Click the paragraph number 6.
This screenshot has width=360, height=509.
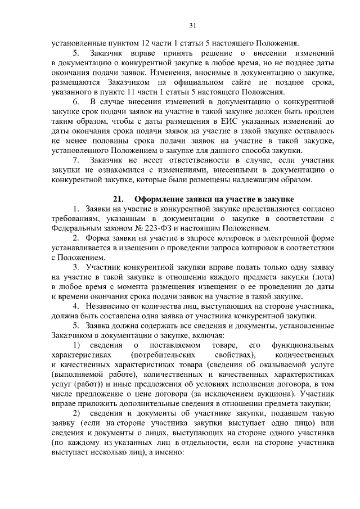[76, 101]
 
